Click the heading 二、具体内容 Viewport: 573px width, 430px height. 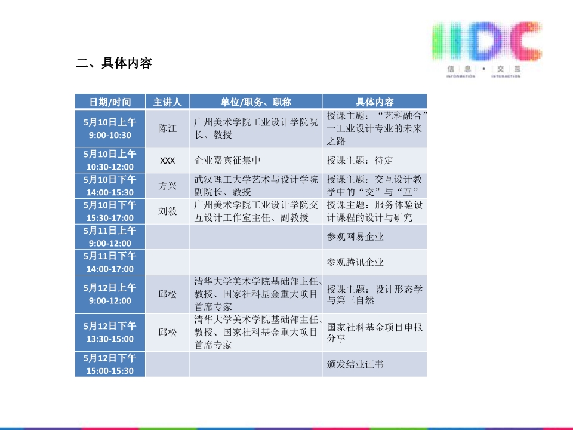114,63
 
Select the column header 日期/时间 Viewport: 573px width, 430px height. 110,102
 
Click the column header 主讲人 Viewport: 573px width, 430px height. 167,102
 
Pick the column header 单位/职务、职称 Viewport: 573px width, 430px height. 256,102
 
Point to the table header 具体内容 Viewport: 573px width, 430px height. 375,102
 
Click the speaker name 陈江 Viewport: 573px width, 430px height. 167,128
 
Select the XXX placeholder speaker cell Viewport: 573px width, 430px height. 167,161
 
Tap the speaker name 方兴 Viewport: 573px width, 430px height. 167,186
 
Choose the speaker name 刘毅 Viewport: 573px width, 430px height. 167,211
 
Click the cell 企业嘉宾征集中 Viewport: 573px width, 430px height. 227,160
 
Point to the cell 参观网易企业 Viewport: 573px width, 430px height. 355,237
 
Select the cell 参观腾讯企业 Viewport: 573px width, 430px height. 355,262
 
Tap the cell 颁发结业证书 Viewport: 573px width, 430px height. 355,364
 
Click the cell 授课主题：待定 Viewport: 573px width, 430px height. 360,160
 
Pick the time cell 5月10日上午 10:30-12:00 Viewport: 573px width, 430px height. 110,161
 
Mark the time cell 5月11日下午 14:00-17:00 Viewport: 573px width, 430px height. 110,262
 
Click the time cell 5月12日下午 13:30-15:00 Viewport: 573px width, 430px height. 110,333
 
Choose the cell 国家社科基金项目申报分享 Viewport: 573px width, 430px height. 375,333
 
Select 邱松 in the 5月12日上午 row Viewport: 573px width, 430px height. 167,294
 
